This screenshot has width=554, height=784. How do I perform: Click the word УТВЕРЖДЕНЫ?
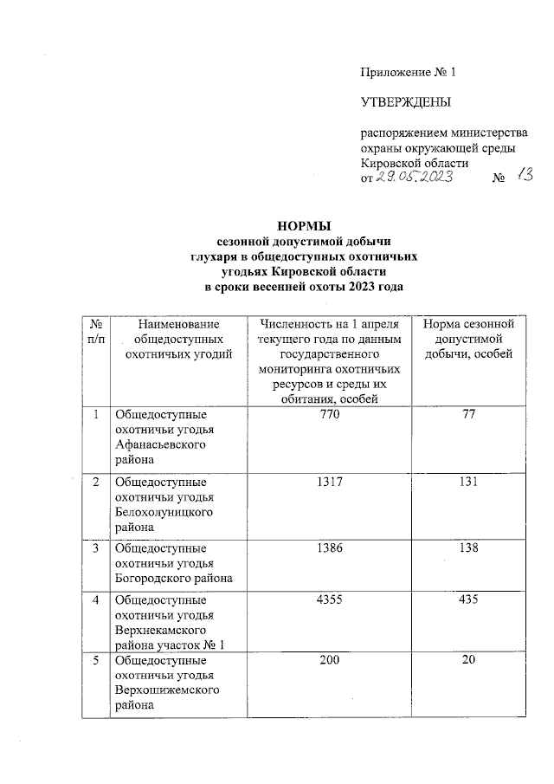tap(405, 104)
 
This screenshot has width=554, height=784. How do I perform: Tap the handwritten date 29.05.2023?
tap(414, 178)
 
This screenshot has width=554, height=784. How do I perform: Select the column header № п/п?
tap(95, 331)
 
